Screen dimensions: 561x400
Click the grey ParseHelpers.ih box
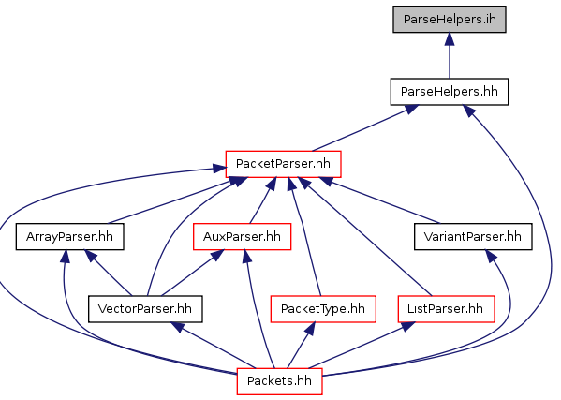(x=450, y=20)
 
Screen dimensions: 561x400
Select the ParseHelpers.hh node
(x=450, y=92)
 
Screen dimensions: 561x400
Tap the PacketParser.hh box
(x=283, y=164)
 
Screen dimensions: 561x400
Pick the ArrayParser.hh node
(x=69, y=236)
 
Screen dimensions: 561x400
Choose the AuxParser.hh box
(x=242, y=236)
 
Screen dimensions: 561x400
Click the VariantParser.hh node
(x=473, y=236)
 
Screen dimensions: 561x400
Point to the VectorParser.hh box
(x=145, y=309)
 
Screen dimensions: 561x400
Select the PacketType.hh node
(x=323, y=309)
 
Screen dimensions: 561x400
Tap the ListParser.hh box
(x=446, y=309)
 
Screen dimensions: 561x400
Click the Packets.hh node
(x=279, y=381)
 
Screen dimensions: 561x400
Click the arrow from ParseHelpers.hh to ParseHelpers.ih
(x=450, y=55)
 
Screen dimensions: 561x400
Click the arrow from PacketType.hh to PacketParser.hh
(x=304, y=236)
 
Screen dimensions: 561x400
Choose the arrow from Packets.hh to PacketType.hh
(x=302, y=346)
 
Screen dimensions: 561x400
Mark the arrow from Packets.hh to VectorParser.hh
(x=214, y=346)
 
